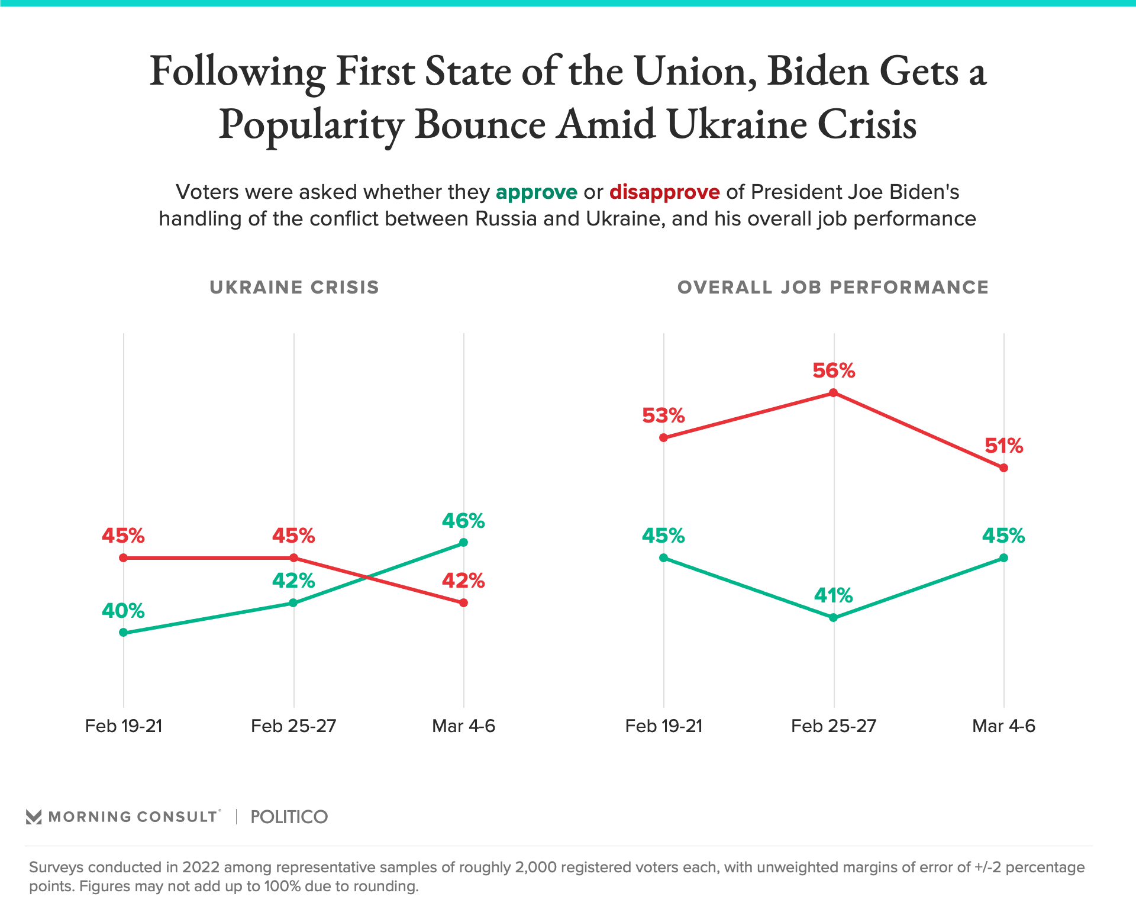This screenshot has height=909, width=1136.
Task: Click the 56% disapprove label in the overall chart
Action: [x=833, y=371]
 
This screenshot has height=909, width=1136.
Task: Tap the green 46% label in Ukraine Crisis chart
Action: [x=463, y=521]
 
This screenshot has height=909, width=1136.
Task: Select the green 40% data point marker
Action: [x=123, y=632]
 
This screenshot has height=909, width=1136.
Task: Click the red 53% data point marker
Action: [x=663, y=438]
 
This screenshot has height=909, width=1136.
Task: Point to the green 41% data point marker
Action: [x=833, y=617]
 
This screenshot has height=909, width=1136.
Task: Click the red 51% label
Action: [x=1003, y=446]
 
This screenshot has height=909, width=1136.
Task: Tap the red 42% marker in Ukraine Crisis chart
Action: [x=463, y=602]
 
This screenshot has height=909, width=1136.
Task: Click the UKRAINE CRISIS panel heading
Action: [x=294, y=288]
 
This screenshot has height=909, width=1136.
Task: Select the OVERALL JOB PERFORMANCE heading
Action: [x=832, y=288]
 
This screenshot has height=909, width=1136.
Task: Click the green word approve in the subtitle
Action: [x=536, y=192]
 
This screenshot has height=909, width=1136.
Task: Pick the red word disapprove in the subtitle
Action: [x=664, y=192]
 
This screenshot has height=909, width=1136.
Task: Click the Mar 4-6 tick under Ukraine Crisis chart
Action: [x=463, y=726]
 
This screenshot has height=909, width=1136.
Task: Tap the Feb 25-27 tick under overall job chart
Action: [x=833, y=726]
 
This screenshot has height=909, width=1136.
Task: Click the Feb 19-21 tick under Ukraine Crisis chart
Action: [x=123, y=726]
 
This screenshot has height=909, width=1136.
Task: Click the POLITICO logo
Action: [x=289, y=817]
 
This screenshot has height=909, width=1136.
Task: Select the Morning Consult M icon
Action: [x=34, y=817]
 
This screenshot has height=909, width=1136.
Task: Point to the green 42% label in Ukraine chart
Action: [x=293, y=581]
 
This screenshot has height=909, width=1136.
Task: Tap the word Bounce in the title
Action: [x=479, y=125]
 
